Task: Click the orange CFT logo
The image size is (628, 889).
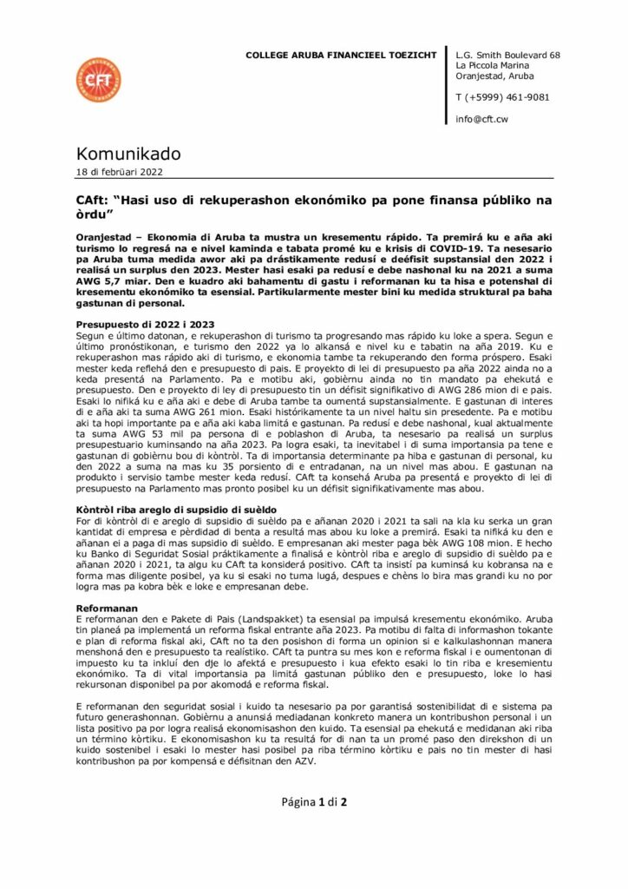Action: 98,80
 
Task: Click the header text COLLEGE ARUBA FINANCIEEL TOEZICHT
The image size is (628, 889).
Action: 341,56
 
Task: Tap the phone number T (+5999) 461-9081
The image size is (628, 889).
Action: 502,97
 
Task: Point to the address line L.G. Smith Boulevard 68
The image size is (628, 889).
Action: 507,56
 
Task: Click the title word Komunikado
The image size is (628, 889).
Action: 128,154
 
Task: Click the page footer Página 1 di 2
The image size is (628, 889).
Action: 314,800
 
